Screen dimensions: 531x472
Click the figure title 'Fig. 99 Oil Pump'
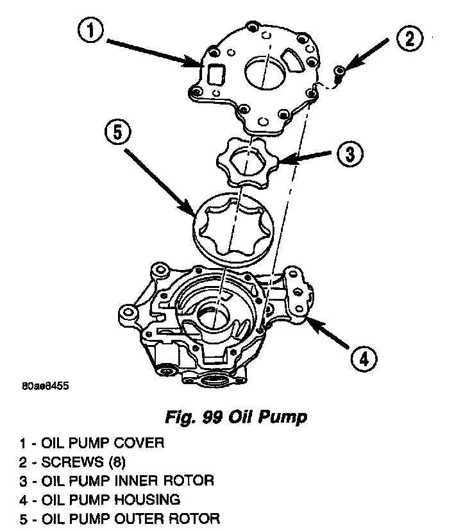(235, 417)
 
